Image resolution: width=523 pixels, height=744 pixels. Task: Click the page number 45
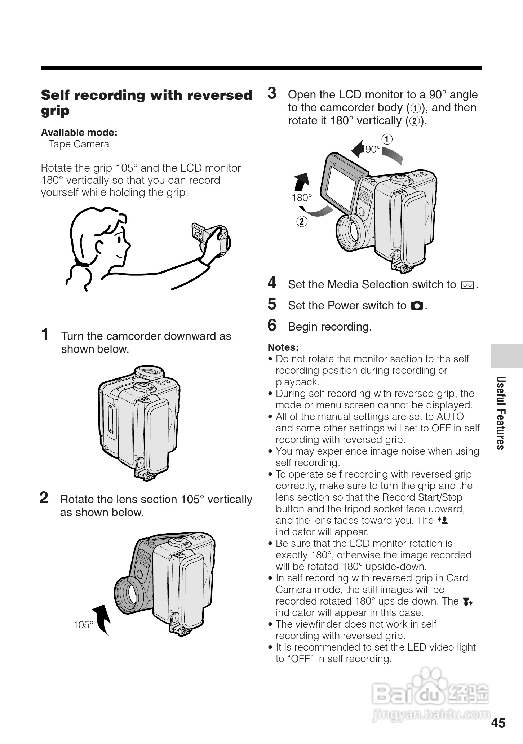498,723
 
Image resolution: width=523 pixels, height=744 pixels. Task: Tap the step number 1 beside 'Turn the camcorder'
45,334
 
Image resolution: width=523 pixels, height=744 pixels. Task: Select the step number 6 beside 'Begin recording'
272,325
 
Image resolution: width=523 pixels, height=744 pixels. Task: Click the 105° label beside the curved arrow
83,625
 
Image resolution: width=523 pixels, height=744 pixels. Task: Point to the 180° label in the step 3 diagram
302,198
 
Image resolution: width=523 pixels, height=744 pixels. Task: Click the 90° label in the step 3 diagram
373,149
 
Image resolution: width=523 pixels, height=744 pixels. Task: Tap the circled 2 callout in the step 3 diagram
302,221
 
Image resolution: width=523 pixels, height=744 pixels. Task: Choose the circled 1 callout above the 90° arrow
387,139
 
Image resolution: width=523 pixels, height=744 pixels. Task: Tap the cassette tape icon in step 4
467,285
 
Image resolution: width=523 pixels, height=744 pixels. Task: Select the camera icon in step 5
417,306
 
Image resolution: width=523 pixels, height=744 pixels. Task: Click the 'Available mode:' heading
79,133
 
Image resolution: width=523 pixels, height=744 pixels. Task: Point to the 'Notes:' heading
283,347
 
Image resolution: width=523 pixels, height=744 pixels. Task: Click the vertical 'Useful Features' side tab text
500,413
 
